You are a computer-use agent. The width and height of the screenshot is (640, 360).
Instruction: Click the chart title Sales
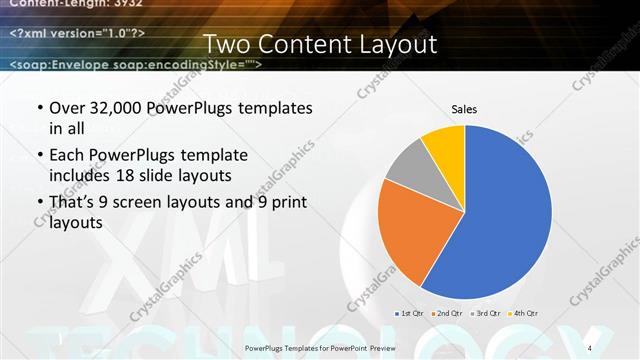[x=464, y=107]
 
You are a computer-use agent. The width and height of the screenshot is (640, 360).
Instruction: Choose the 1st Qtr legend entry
[x=412, y=314]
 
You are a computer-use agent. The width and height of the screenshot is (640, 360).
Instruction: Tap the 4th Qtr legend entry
[x=524, y=314]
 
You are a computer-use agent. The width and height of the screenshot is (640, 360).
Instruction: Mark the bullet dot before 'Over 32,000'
[x=39, y=108]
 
